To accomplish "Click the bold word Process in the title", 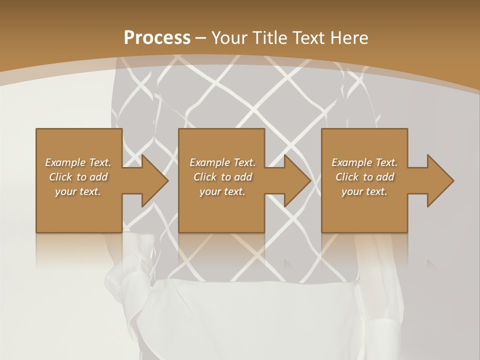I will click(x=157, y=38).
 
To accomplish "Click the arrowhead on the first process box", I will click(x=154, y=180).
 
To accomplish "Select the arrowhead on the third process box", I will click(x=440, y=180).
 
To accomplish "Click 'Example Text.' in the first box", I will click(x=78, y=162).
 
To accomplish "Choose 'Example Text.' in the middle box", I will click(x=222, y=162).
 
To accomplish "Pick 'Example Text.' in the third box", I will click(x=364, y=162).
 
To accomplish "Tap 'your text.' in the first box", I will click(x=78, y=191).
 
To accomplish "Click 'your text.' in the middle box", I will click(x=222, y=191).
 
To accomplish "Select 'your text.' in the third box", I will click(x=364, y=191).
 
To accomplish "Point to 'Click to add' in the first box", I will click(x=78, y=177).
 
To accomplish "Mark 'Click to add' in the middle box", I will click(x=222, y=177).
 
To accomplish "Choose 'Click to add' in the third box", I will click(x=364, y=177).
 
